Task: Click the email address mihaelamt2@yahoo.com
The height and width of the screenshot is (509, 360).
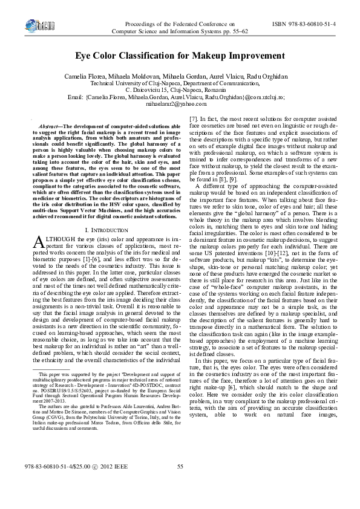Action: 180,104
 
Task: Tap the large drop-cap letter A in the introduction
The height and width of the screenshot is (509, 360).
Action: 38,242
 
